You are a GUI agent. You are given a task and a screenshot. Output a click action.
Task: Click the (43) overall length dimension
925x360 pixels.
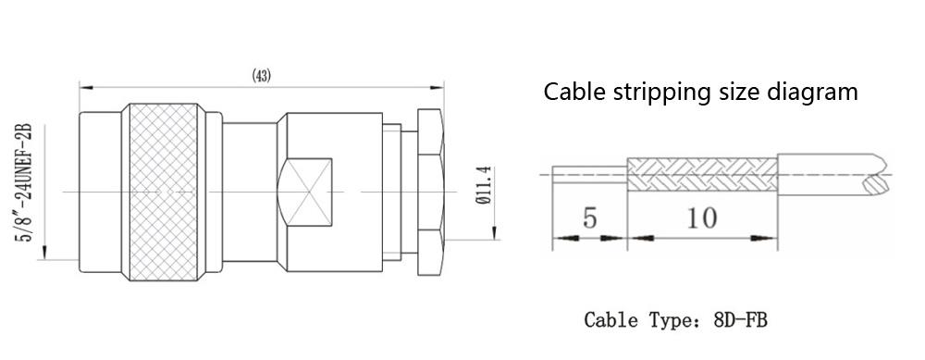tap(262, 76)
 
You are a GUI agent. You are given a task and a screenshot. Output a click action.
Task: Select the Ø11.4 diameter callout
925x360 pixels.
tap(483, 185)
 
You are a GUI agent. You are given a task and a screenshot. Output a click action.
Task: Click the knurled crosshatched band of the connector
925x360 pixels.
tap(164, 192)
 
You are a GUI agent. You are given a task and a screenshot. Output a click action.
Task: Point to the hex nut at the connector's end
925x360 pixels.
tap(430, 192)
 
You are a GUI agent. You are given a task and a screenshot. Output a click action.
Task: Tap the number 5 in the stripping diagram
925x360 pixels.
tap(589, 218)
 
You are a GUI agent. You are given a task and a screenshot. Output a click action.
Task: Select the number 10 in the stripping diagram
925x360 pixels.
tap(702, 218)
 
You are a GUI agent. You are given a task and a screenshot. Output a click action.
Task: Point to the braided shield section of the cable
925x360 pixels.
tap(702, 174)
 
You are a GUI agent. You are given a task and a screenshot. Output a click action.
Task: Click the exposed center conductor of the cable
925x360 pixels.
tap(589, 174)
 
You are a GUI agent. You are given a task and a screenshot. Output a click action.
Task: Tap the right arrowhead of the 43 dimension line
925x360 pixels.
tap(437, 88)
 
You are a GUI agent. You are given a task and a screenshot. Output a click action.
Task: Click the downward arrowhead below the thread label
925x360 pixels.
tap(43, 254)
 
